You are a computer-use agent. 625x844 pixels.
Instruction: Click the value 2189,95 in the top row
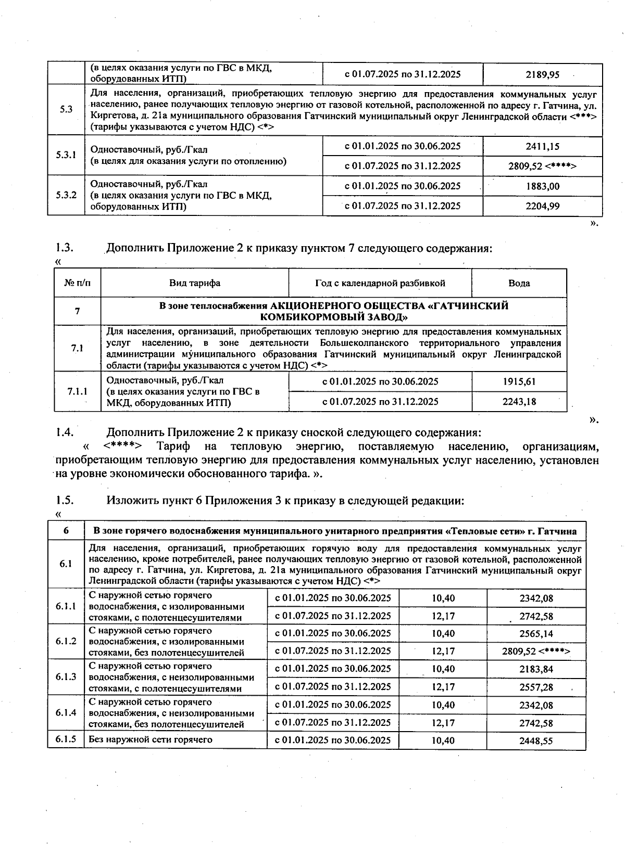click(542, 74)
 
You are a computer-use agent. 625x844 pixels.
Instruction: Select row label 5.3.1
click(66, 155)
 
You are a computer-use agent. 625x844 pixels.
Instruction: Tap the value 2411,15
click(542, 146)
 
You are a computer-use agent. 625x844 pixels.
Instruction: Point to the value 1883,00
click(542, 186)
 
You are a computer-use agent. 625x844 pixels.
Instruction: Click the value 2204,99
click(542, 206)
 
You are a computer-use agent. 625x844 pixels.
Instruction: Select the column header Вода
click(519, 283)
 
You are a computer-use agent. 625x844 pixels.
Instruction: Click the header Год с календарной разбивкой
click(380, 283)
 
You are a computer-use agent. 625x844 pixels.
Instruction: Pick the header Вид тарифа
click(194, 283)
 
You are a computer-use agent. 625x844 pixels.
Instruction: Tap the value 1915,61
click(519, 381)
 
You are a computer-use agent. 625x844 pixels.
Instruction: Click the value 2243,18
click(519, 401)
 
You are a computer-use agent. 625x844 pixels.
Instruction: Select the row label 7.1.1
click(77, 391)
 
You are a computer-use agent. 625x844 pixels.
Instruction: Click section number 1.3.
click(65, 248)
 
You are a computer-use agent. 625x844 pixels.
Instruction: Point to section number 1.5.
click(65, 501)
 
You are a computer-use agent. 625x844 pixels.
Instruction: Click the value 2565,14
click(536, 634)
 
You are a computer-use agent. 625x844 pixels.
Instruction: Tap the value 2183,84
click(536, 669)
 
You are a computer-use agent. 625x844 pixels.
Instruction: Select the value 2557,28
click(536, 687)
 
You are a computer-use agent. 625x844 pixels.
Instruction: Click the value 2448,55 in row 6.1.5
click(536, 741)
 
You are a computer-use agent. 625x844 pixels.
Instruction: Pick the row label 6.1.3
click(66, 677)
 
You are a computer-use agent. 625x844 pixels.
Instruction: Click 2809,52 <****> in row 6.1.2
click(536, 651)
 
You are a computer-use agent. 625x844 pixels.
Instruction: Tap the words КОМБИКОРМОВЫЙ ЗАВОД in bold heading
click(333, 317)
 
